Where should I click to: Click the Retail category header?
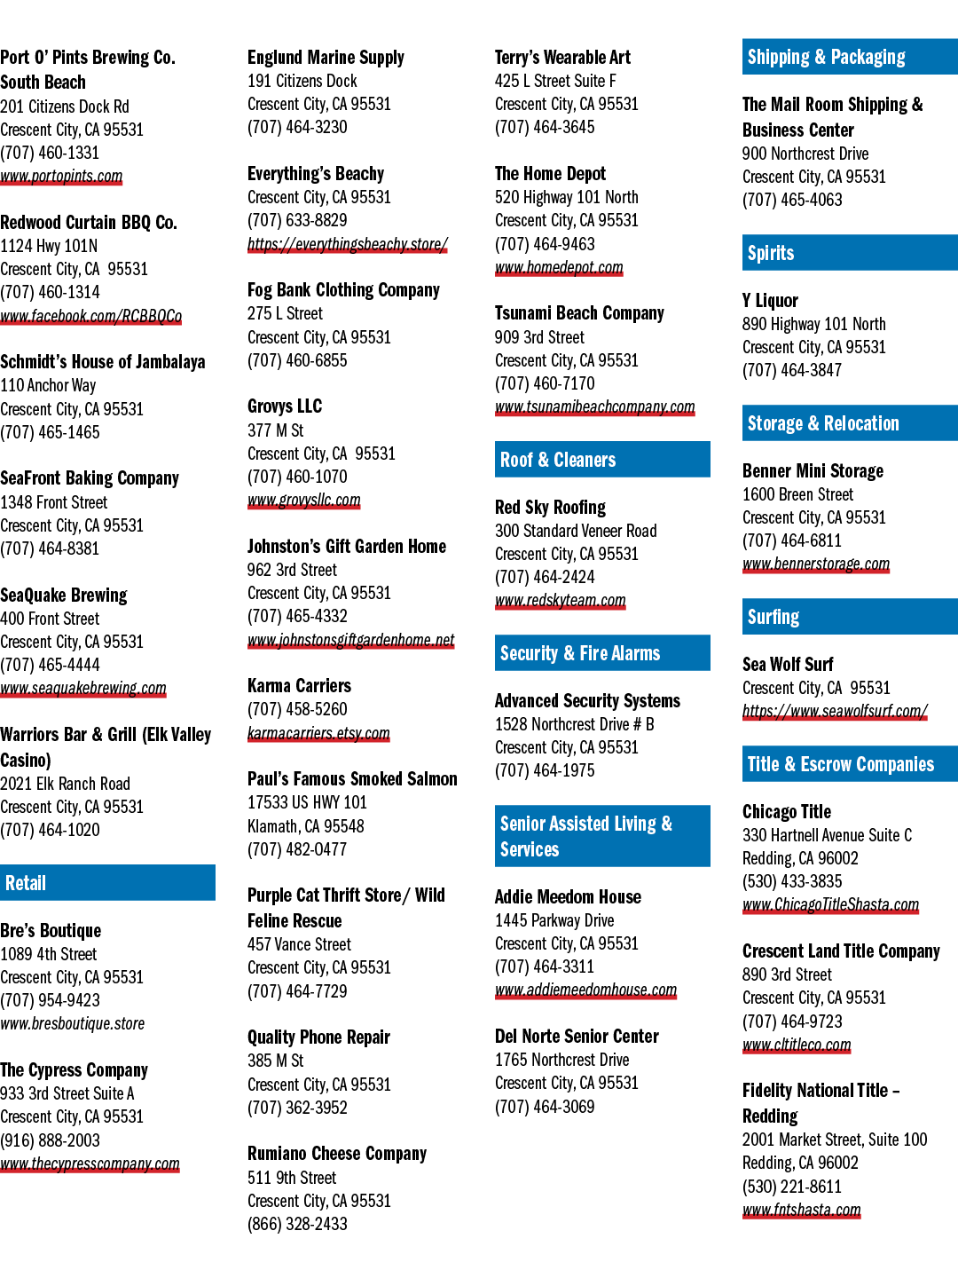(x=107, y=882)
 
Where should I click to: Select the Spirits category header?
(x=850, y=253)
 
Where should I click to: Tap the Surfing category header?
(x=850, y=617)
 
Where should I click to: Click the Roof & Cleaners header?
(x=602, y=460)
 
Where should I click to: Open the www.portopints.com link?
(x=61, y=176)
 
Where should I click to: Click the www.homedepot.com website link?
(x=559, y=267)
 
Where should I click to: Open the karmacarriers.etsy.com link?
(x=318, y=733)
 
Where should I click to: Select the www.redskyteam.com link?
(x=560, y=600)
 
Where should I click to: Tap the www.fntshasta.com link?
(x=801, y=1210)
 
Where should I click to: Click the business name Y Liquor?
(x=770, y=301)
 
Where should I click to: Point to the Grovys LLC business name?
(x=285, y=406)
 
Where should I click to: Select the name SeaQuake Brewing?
(x=63, y=595)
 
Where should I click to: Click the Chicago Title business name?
(x=787, y=812)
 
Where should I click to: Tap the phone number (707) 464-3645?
(x=545, y=127)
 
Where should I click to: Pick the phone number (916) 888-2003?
(x=50, y=1140)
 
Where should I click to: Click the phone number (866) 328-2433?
(x=297, y=1224)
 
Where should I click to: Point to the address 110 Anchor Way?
(x=48, y=385)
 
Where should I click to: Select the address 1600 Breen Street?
(x=797, y=494)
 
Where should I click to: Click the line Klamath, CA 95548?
(x=305, y=825)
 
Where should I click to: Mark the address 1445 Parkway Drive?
(x=554, y=920)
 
